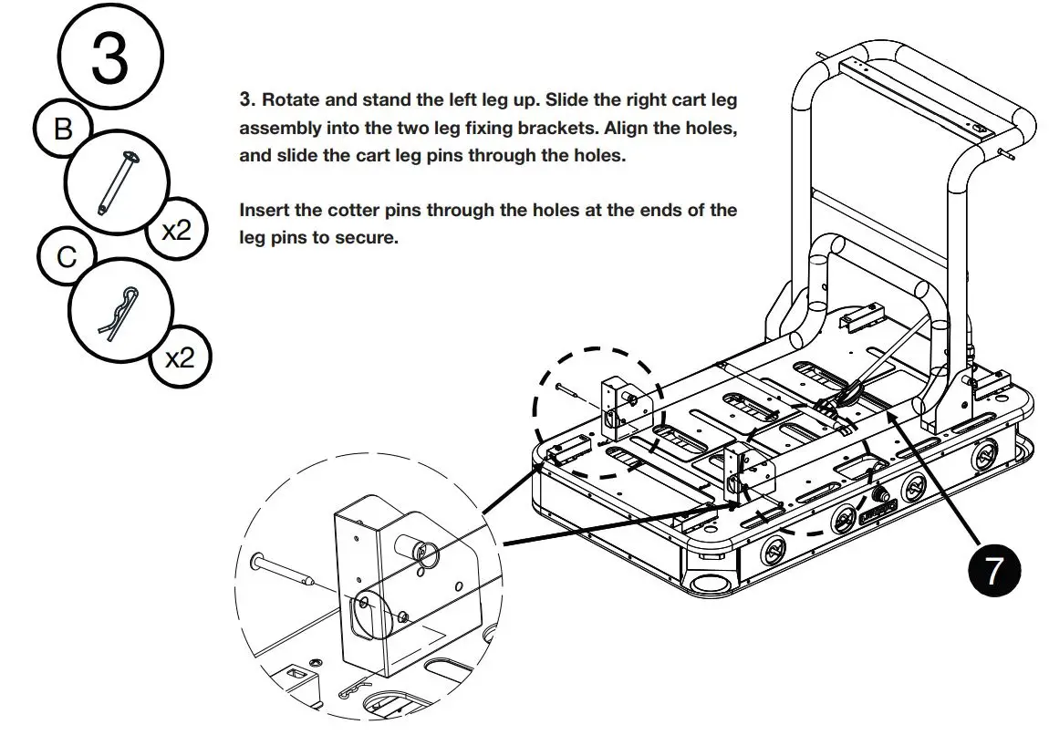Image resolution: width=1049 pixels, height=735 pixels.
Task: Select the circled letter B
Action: pyautogui.click(x=62, y=130)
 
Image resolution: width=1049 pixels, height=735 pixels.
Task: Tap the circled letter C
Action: pyautogui.click(x=67, y=258)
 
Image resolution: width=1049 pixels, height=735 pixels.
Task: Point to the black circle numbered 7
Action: pyautogui.click(x=992, y=572)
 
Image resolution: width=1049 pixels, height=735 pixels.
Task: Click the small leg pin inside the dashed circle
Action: pyautogui.click(x=571, y=391)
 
